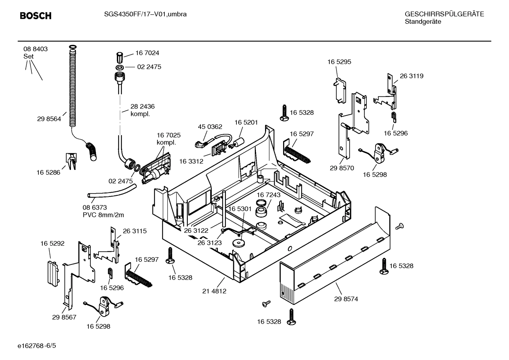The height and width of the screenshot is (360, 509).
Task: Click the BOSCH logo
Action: [x=35, y=16]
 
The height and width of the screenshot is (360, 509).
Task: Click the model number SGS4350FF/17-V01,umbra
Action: [x=145, y=14]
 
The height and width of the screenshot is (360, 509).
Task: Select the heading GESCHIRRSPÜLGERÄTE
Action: [x=444, y=14]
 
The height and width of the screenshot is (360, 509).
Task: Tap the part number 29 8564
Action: [x=49, y=119]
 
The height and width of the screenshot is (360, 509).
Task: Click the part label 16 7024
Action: [x=147, y=53]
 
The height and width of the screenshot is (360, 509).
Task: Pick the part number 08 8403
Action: [x=35, y=49]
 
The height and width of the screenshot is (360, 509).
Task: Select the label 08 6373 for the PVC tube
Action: [x=95, y=208]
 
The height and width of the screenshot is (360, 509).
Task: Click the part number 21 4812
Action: [x=214, y=291]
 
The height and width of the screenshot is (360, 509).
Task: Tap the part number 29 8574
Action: [x=346, y=299]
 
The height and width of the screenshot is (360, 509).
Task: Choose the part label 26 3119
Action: [x=412, y=76]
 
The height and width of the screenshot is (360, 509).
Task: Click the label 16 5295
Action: [x=339, y=62]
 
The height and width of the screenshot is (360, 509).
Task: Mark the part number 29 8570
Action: [x=342, y=168]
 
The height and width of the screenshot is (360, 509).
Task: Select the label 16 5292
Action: [x=52, y=243]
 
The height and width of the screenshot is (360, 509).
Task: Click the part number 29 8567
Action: [x=64, y=317]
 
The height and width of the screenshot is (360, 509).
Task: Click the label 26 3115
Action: [x=134, y=231]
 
